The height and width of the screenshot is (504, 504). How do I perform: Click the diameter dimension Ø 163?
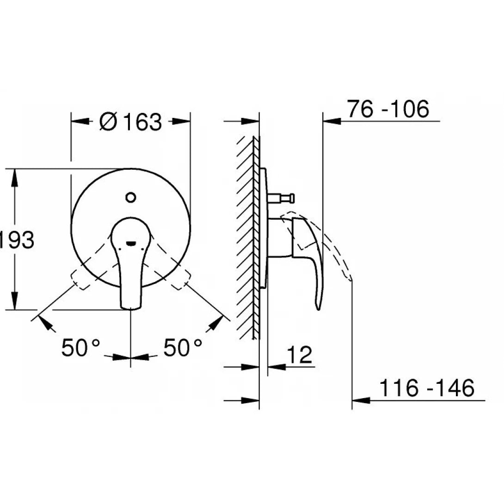(x=130, y=122)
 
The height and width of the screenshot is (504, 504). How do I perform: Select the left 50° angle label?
(x=80, y=348)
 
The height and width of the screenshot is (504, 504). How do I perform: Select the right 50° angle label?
(x=183, y=348)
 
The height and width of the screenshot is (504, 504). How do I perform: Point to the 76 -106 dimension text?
(x=388, y=110)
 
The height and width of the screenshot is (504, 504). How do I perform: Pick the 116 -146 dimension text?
(x=427, y=388)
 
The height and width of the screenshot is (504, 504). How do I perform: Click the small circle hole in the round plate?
(x=131, y=198)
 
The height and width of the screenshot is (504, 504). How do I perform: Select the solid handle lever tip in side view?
(x=318, y=305)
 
